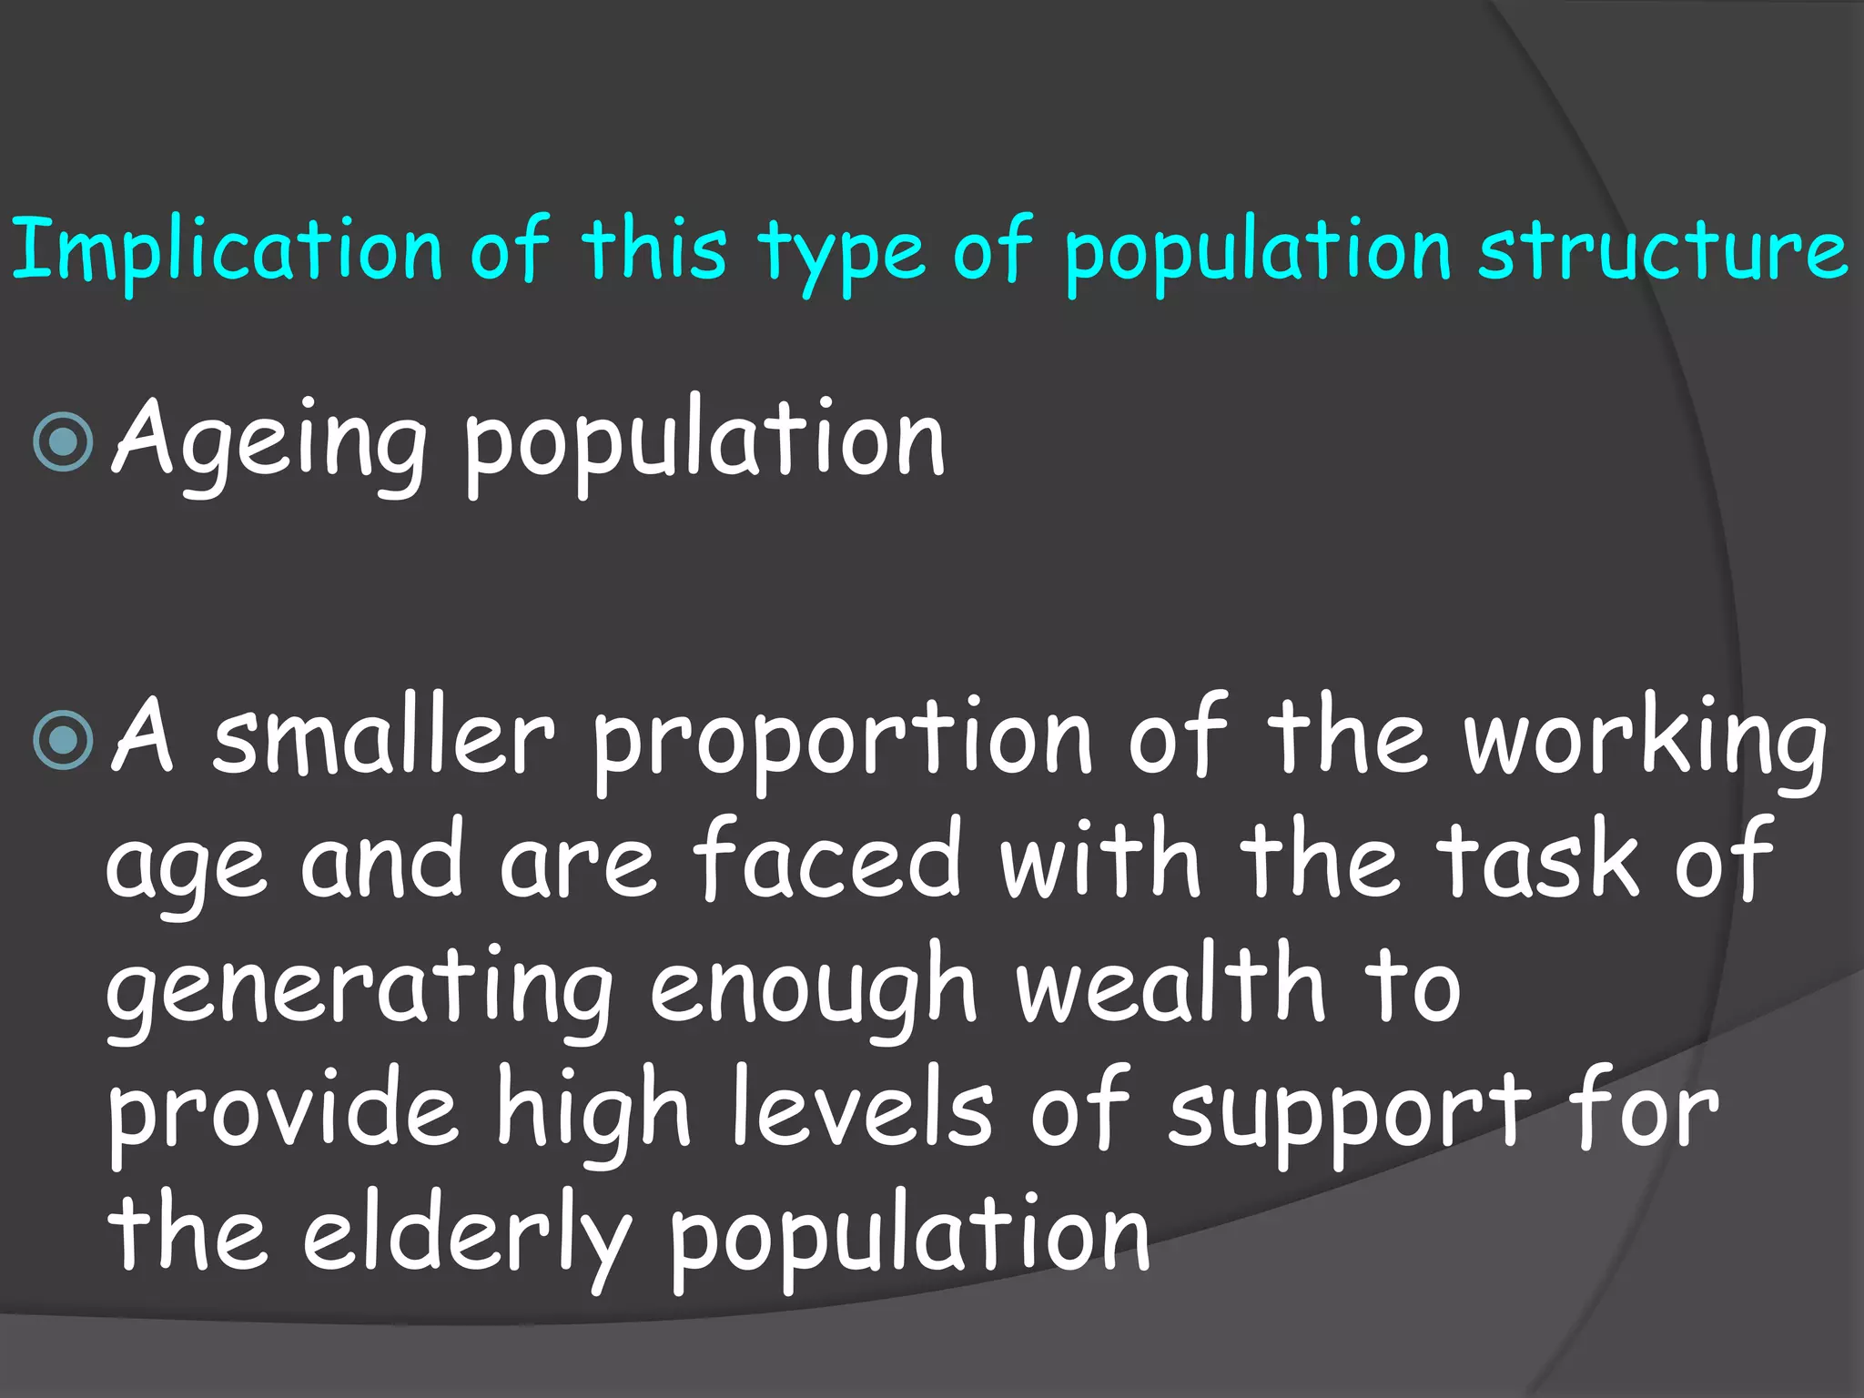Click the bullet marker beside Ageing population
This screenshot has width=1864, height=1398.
point(63,442)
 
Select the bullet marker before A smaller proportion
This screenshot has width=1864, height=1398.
point(63,739)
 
